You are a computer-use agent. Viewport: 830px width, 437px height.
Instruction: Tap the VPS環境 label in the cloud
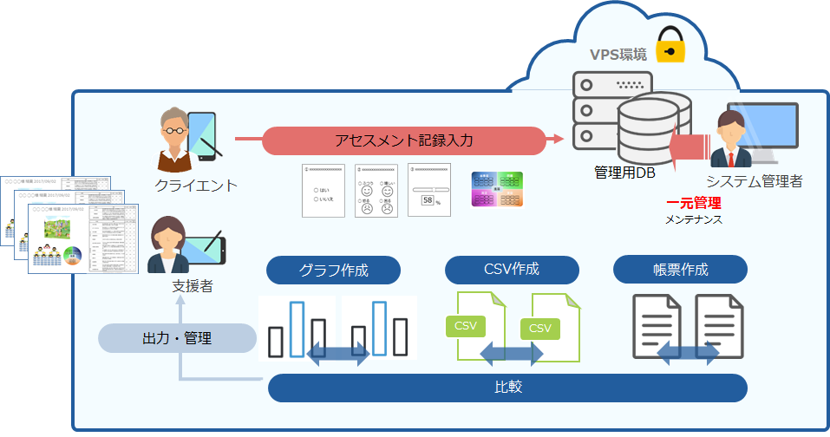[x=618, y=55]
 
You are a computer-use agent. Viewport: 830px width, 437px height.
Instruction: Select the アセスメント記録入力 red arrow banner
[x=404, y=139]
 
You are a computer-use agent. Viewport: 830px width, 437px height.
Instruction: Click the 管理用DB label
[x=624, y=173]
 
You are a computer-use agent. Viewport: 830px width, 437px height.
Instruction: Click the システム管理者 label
[x=754, y=181]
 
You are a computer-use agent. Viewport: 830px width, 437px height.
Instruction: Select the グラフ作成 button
[x=333, y=270]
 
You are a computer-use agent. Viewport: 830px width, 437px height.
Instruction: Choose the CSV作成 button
[x=512, y=270]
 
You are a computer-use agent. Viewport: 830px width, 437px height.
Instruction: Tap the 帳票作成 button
[x=680, y=270]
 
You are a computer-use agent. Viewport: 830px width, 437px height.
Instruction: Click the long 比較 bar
[x=507, y=388]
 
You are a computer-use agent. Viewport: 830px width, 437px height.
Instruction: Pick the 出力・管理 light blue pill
[x=177, y=338]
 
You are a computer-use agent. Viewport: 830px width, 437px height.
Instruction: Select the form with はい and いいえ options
[x=323, y=190]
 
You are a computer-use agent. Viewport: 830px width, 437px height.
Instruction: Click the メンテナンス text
[x=694, y=220]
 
